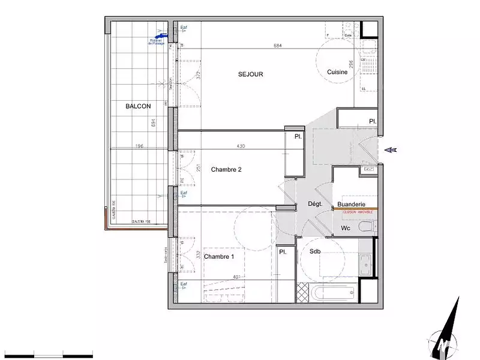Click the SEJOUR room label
[251, 74]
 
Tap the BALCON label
[138, 106]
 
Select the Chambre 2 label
[226, 170]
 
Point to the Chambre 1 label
[219, 257]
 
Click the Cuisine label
[337, 72]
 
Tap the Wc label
[346, 229]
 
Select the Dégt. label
[315, 205]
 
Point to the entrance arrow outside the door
[391, 150]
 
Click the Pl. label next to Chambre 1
[283, 253]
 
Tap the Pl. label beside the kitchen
[373, 122]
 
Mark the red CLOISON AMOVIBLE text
[358, 212]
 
